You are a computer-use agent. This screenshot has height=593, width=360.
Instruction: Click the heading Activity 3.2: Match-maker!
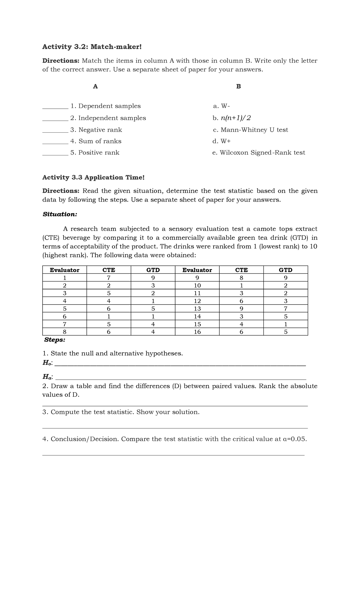91,47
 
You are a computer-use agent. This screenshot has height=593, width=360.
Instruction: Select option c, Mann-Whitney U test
250,130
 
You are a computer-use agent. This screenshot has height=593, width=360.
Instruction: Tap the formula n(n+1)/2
235,118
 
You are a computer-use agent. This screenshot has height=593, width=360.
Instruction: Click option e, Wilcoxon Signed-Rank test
258,153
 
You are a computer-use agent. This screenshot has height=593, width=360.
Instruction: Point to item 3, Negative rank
96,130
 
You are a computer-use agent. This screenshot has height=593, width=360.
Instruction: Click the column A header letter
95,87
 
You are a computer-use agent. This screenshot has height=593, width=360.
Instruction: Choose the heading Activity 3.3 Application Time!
93,177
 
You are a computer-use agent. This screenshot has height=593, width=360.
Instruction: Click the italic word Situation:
60,214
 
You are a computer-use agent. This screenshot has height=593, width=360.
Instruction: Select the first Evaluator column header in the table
64,270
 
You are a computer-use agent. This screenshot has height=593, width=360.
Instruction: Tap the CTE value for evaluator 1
109,278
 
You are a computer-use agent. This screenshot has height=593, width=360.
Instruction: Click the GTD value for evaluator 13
285,309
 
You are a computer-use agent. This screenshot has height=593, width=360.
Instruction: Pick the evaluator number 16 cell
197,332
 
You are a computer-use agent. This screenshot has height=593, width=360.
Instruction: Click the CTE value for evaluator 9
241,278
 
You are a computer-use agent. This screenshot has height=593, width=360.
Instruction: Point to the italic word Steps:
55,340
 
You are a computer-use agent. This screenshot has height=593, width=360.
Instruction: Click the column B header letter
238,87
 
